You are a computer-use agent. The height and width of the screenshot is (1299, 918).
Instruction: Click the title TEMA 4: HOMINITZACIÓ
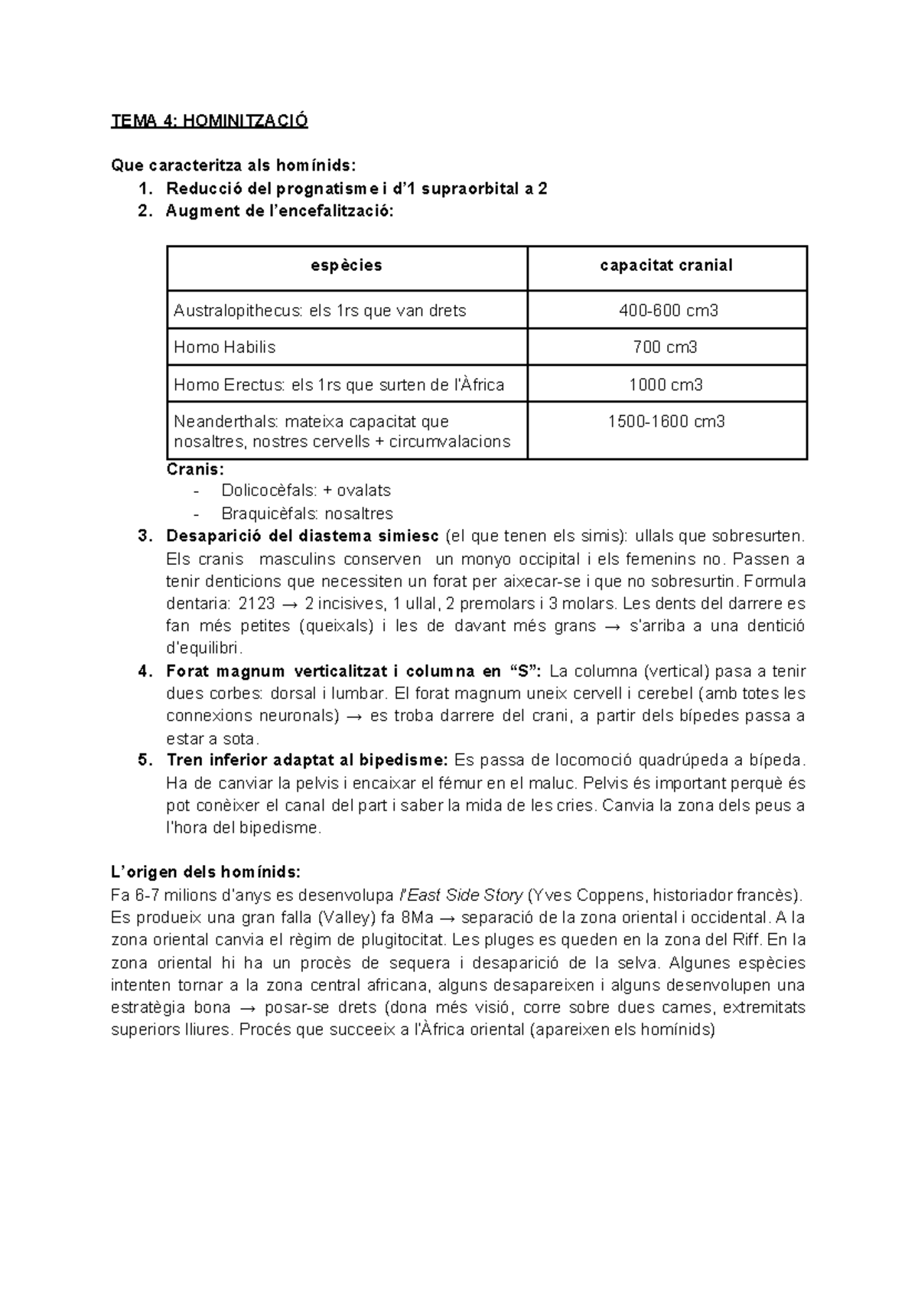point(209,121)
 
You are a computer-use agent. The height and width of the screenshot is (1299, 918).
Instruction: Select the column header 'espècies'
point(347,266)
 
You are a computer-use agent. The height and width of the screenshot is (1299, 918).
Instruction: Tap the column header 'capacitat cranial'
point(666,266)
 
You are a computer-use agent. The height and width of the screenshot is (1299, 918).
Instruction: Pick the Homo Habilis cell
point(224,348)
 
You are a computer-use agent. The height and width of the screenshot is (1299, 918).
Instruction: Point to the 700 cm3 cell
point(666,348)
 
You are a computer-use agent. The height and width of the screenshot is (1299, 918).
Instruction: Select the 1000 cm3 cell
point(666,385)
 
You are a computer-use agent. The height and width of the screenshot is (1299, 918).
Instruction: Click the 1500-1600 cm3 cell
point(666,422)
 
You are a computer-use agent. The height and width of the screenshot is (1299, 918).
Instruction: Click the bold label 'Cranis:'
point(195,469)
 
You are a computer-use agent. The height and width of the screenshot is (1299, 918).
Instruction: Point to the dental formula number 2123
point(257,603)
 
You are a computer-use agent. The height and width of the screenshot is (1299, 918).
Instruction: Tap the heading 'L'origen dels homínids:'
point(206,873)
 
